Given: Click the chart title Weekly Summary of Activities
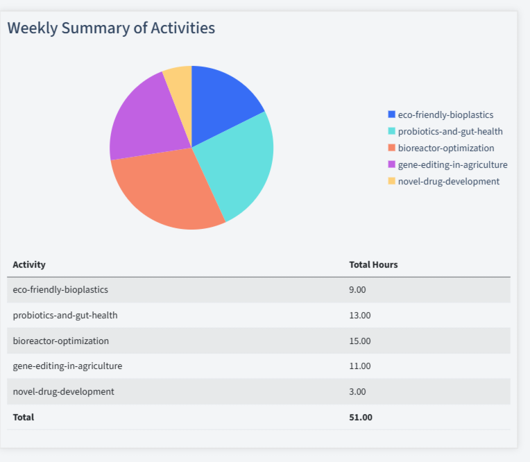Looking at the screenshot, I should (x=111, y=28).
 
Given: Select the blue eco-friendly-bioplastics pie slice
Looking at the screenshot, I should (x=221, y=104).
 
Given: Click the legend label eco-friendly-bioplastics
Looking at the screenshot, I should (x=445, y=114).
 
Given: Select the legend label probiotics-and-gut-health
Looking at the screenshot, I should (x=450, y=131).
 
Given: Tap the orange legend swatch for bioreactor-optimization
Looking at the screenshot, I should (x=392, y=148).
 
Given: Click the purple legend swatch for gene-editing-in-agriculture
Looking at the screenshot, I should (x=392, y=164).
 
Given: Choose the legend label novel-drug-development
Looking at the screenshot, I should (x=448, y=181).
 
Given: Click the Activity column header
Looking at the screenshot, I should (x=29, y=264).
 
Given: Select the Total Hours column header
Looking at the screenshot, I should (x=373, y=264).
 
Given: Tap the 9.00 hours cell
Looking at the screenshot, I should (x=357, y=289).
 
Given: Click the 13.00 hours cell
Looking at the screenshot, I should (x=359, y=315).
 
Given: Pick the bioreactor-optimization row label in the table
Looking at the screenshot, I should (x=61, y=341).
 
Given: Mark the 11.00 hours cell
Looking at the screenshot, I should (x=359, y=366).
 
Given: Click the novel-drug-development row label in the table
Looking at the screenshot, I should (x=64, y=391).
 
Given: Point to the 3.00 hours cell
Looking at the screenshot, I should (x=357, y=391).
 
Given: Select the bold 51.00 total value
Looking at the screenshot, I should (x=361, y=417).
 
